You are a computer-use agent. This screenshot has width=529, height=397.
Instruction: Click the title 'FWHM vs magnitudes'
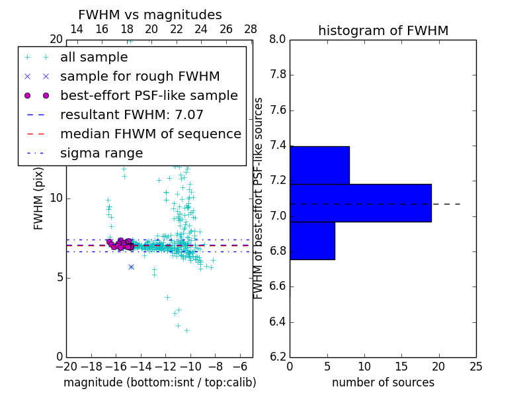pyautogui.click(x=150, y=15)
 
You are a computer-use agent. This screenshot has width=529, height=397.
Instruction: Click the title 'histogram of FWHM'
pyautogui.click(x=383, y=30)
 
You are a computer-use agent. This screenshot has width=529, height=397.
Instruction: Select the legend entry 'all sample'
pyautogui.click(x=94, y=58)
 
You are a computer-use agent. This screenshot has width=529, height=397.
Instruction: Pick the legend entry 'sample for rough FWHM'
pyautogui.click(x=140, y=76)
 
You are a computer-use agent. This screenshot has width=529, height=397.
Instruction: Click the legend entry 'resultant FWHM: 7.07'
pyautogui.click(x=132, y=114)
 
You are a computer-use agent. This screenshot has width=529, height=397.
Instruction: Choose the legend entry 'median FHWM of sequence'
pyautogui.click(x=151, y=134)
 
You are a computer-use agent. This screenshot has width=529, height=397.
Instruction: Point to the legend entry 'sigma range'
pyautogui.click(x=101, y=153)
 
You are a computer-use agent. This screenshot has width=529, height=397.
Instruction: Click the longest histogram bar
pyautogui.click(x=360, y=202)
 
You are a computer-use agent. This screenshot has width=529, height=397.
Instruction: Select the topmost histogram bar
pyautogui.click(x=319, y=165)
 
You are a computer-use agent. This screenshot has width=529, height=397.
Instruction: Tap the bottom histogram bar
pyautogui.click(x=312, y=241)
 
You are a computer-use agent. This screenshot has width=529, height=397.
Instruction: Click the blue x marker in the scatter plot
pyautogui.click(x=131, y=267)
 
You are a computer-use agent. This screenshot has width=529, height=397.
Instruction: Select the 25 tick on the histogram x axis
pyautogui.click(x=476, y=366)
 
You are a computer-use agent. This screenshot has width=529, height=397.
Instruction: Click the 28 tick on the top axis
pyautogui.click(x=251, y=29)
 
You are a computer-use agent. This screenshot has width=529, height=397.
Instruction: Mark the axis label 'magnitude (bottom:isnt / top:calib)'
pyautogui.click(x=159, y=382)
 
